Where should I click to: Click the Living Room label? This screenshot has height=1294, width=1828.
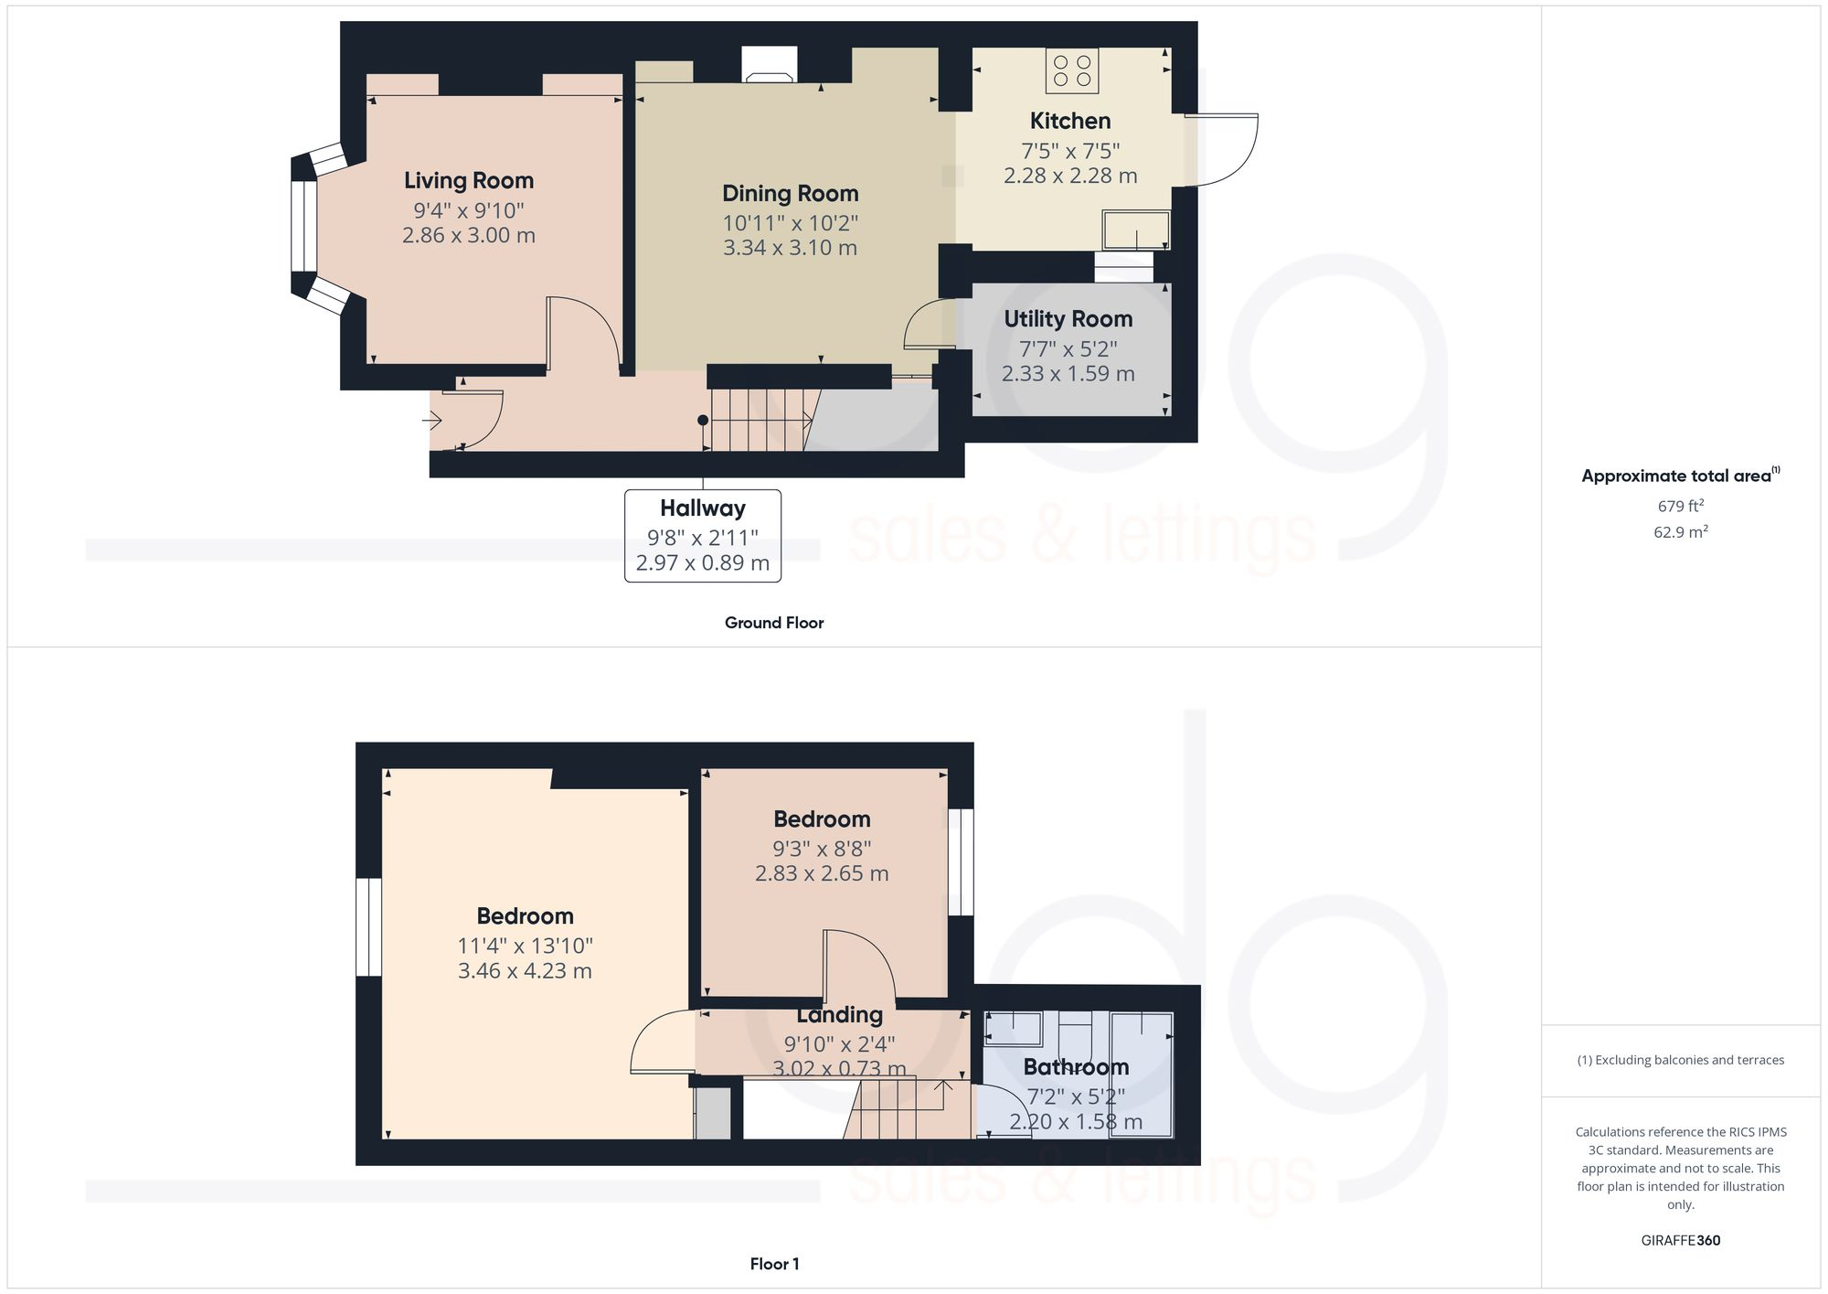pos(468,180)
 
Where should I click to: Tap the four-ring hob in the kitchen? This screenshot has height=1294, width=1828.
pos(1072,70)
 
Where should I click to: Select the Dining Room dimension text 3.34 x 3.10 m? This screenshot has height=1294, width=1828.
pos(790,248)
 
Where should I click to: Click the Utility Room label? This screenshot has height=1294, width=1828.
pos(1068,319)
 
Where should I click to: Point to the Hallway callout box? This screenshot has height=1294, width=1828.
pos(702,536)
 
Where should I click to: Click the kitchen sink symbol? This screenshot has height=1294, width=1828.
pos(1136,230)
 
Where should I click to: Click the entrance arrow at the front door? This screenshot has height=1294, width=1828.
pos(432,421)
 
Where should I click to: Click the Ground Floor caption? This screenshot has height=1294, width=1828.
pos(773,623)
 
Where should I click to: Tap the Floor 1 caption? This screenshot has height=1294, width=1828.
pos(774,1264)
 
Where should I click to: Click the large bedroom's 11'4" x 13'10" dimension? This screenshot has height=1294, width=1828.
pos(525,946)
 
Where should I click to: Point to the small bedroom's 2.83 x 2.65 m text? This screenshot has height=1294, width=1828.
pos(821,873)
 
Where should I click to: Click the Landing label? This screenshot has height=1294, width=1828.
pos(838,1015)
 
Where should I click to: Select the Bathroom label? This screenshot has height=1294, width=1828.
pos(1075,1067)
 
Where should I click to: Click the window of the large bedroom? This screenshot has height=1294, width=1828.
pos(368,927)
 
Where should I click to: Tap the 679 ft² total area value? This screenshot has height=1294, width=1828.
pos(1680,506)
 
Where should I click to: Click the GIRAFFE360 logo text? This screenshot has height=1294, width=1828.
pos(1680,1241)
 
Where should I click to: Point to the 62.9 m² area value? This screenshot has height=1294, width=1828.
pos(1680,532)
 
